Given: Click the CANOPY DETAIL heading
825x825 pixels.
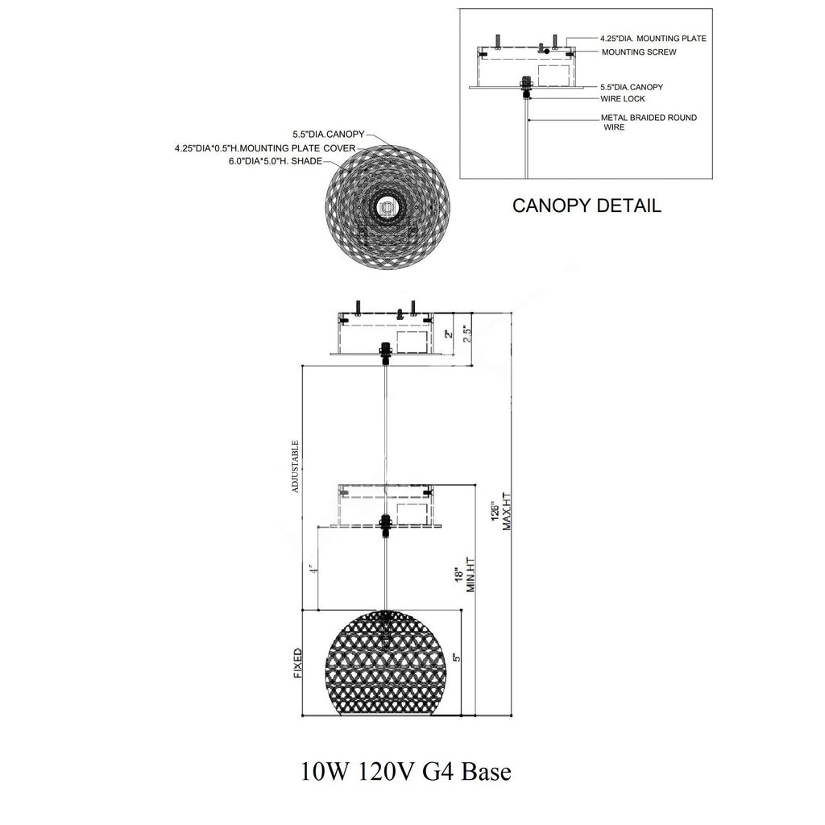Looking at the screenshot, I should pos(587,205).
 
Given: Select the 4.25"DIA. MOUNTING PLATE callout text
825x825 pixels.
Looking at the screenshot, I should pos(653,38).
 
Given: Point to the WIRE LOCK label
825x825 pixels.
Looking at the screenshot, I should pos(623,98).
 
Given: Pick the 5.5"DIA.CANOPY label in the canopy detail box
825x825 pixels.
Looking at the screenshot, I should pos(632,86).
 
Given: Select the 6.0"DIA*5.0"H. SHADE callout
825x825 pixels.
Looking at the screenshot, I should pos(275,161).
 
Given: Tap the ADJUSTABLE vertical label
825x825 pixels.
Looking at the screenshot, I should pos(296,466).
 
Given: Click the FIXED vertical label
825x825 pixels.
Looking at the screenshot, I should pos(297,663).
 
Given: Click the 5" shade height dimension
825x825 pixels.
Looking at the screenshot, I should pos(456,657).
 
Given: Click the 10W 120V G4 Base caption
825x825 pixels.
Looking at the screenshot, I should pos(405,772).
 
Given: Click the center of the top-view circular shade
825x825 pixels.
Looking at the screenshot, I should pos(388,208).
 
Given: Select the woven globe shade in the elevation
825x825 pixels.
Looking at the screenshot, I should pos(388,660).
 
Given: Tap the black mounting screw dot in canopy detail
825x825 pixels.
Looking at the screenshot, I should pos(547,51).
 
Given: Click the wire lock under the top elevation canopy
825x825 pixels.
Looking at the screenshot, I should pos(385,352).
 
